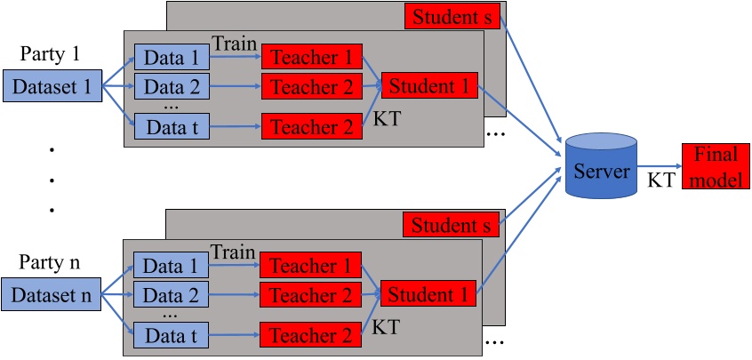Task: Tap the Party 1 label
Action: pyautogui.click(x=50, y=53)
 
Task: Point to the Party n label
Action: pyautogui.click(x=50, y=262)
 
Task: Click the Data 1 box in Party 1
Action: pyautogui.click(x=172, y=59)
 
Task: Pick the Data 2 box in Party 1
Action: pyautogui.click(x=172, y=87)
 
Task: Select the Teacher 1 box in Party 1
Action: pyautogui.click(x=312, y=59)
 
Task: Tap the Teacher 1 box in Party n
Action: pyautogui.click(x=311, y=266)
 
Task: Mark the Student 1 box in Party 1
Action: pyautogui.click(x=429, y=87)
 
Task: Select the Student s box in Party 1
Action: pyautogui.click(x=452, y=16)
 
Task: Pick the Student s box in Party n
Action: pyautogui.click(x=451, y=225)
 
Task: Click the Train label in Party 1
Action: pyautogui.click(x=235, y=43)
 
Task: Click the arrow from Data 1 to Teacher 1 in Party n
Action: pyautogui.click(x=234, y=266)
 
